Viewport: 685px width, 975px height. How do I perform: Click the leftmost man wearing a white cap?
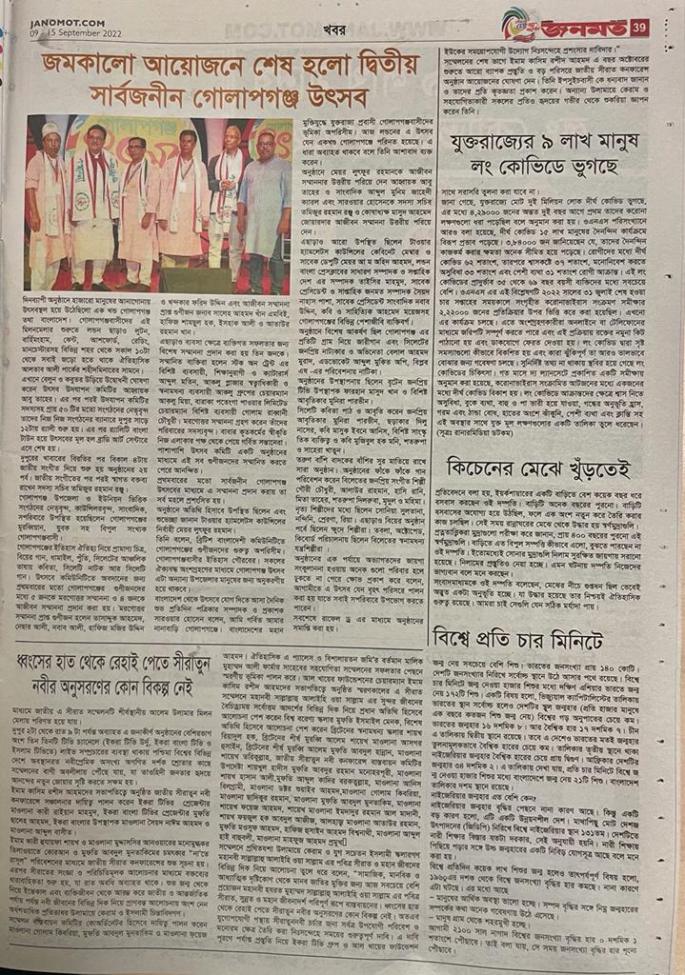tap(48, 200)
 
